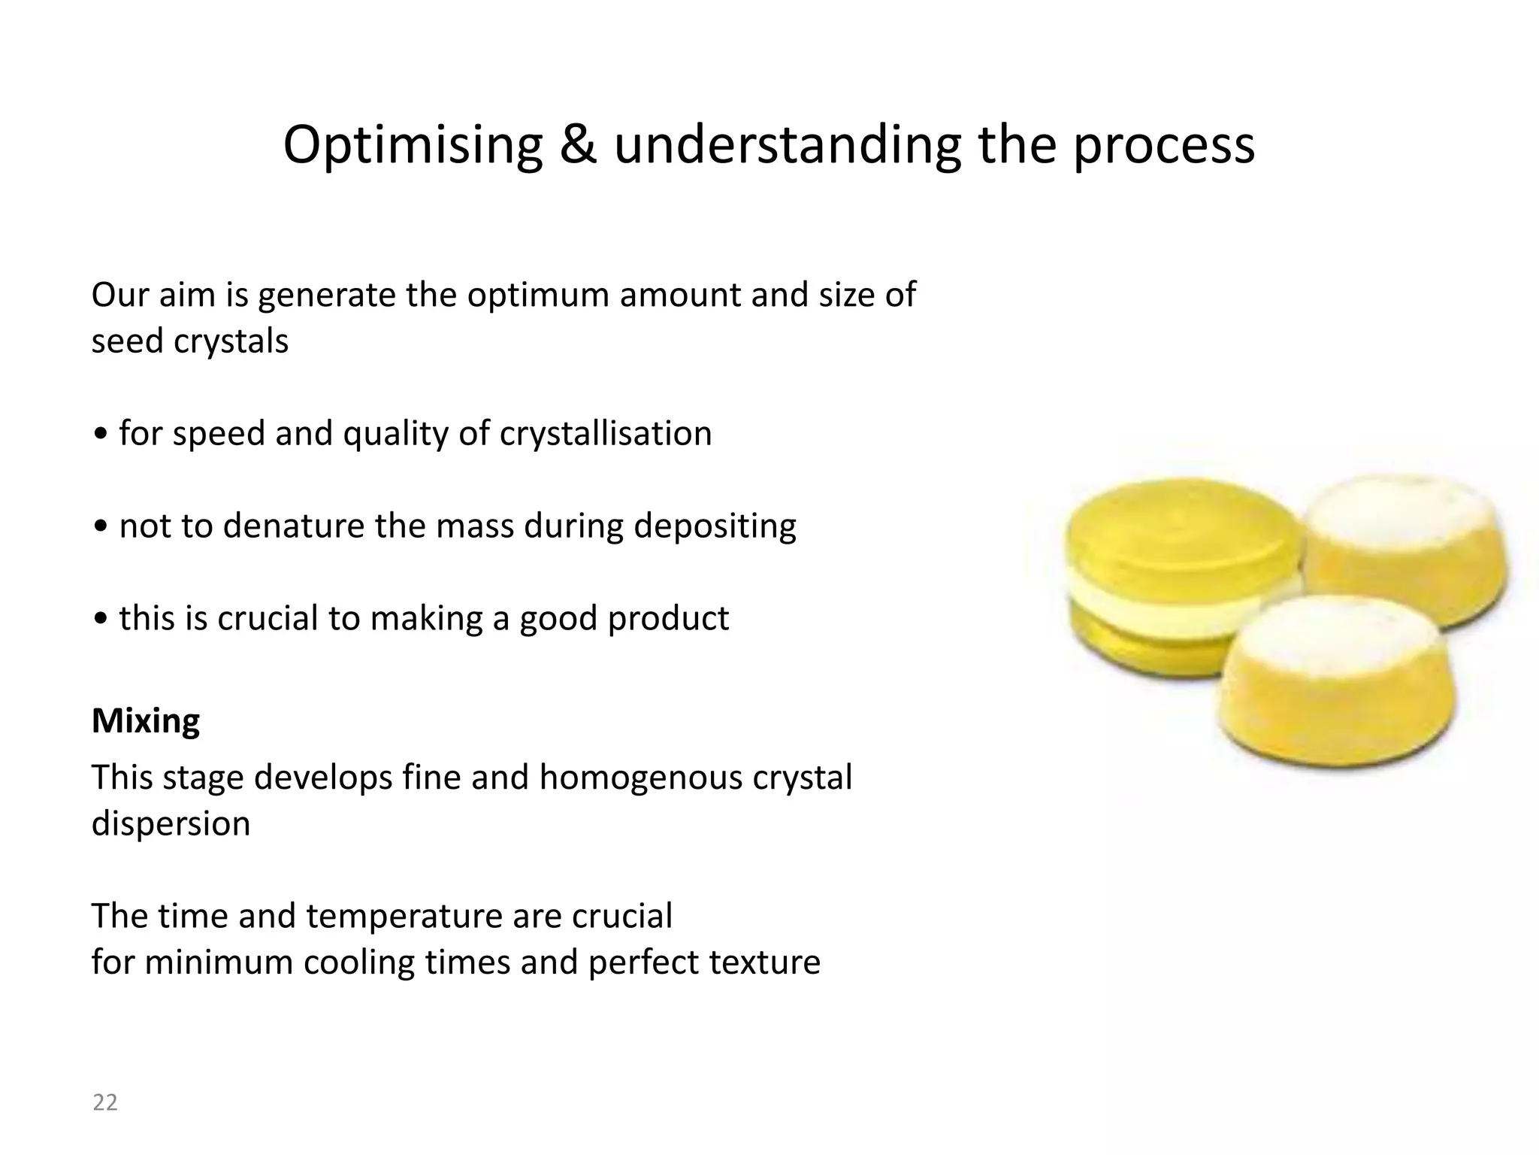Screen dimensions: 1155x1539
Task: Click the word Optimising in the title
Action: coord(413,145)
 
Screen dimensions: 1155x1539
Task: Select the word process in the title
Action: coord(1163,145)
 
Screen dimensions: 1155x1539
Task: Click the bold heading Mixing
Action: coord(146,720)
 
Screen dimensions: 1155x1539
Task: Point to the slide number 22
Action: coord(105,1102)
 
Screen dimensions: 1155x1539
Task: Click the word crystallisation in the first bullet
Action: coord(605,434)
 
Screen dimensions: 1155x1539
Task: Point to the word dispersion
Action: coord(171,823)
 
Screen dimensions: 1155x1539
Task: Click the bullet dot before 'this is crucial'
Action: coord(101,620)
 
